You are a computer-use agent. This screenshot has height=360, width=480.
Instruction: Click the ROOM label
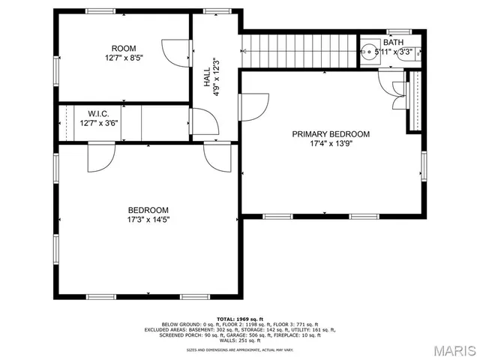pos(124,47)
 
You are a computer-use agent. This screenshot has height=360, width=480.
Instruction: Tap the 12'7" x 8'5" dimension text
pos(124,57)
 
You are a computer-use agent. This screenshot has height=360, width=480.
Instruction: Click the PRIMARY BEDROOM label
pos(331,134)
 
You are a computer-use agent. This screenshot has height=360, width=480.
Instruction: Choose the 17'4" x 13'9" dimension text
pos(331,144)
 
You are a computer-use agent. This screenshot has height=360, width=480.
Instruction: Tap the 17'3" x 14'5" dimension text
pos(148,220)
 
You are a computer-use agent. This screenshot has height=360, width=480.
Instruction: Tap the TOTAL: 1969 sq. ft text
pos(236,319)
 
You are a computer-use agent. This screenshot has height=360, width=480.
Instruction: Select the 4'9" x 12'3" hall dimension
pos(216,73)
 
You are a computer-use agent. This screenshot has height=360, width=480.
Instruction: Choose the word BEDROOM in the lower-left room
pos(148,211)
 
